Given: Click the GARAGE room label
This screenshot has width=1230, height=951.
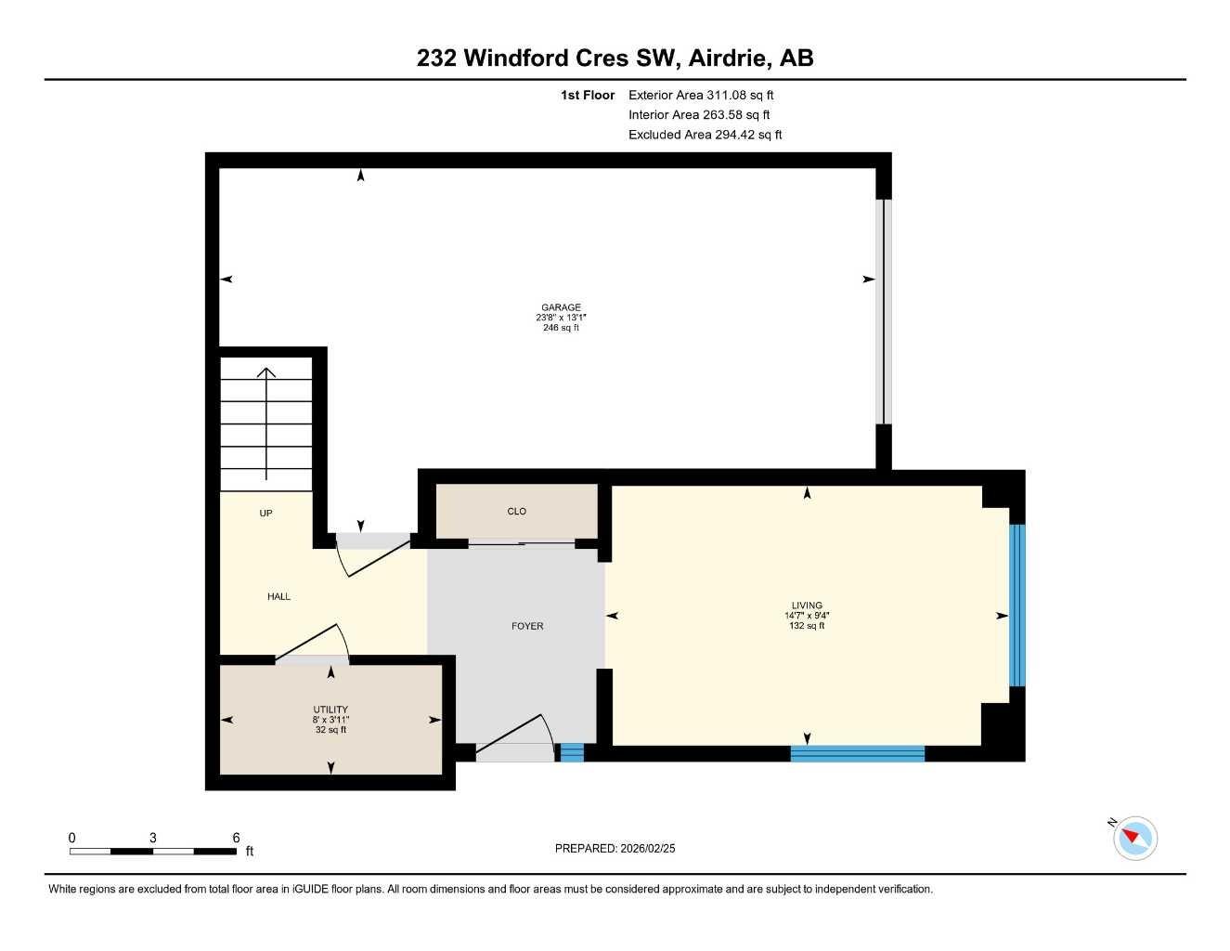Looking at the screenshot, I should point(561,307).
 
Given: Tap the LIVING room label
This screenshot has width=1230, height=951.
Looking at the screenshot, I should point(807,606).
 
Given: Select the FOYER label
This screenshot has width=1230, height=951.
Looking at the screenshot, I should point(527,626).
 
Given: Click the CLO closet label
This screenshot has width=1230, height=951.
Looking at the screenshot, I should point(517,512).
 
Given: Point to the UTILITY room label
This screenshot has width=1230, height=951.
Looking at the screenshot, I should point(330,710).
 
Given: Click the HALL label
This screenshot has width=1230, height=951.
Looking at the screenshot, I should point(278,596).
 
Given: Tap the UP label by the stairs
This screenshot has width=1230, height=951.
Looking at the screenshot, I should point(265,514).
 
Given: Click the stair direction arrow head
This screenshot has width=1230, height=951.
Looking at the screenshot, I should point(266,373).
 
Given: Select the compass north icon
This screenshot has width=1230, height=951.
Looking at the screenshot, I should point(1134,838).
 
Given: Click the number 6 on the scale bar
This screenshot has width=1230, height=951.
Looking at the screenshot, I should point(236,838).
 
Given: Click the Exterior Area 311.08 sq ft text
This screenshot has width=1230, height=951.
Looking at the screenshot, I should point(701,95).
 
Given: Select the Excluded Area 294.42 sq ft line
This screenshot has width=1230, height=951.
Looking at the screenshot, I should point(705,135).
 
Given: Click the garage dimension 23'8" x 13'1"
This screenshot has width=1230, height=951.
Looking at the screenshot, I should point(561,318).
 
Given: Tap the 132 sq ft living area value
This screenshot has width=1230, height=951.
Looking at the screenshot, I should point(807,626).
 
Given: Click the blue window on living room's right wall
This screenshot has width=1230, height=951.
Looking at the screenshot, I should point(1017,606).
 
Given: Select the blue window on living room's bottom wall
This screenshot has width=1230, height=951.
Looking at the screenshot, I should point(857,753).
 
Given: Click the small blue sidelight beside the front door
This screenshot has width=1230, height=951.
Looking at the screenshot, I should point(572,752).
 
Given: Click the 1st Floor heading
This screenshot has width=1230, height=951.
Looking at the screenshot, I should point(588,95).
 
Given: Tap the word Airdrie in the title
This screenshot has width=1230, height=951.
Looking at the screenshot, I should point(730,58).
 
